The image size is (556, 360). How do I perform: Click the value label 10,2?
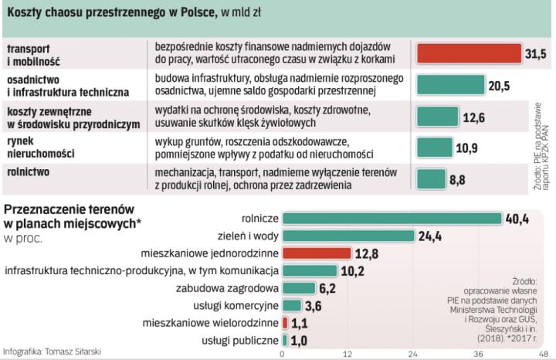click(x=353, y=270)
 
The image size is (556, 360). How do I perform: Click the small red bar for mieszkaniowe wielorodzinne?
click(x=285, y=322)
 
